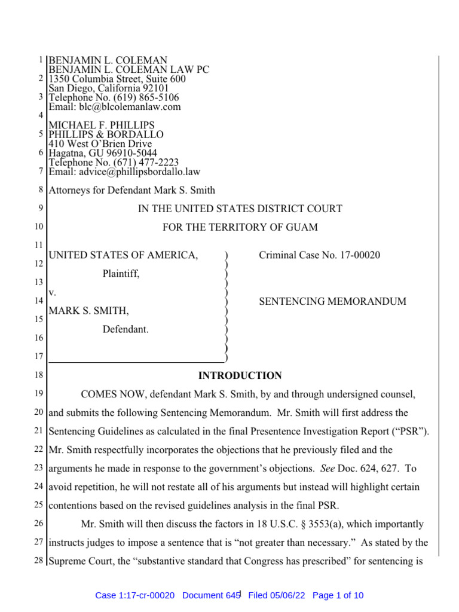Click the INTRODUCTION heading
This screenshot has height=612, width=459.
click(x=240, y=376)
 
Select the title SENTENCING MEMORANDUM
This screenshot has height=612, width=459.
click(x=332, y=302)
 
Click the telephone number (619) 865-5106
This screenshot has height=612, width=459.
click(x=148, y=97)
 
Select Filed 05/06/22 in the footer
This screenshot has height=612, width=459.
click(x=276, y=595)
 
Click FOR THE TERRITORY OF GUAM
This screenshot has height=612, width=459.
click(x=240, y=228)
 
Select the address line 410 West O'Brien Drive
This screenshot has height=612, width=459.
click(x=100, y=144)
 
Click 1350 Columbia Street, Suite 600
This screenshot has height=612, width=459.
click(x=117, y=79)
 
